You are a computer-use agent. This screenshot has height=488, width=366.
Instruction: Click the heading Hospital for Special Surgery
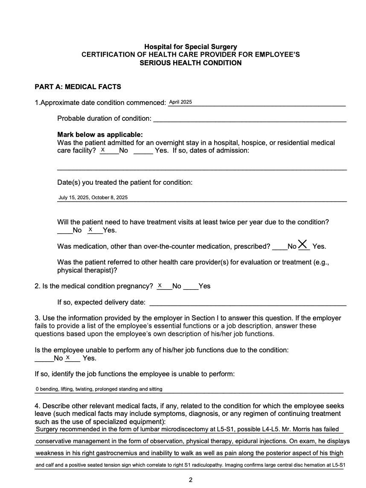click(190, 46)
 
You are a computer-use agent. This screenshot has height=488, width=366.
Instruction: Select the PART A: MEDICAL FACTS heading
click(78, 87)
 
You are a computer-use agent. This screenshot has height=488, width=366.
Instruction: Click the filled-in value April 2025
click(180, 102)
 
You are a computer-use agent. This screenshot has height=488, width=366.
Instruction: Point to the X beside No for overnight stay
click(103, 150)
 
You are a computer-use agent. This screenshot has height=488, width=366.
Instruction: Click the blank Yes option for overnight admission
click(143, 151)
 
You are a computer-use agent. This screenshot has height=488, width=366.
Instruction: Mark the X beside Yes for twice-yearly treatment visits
click(90, 230)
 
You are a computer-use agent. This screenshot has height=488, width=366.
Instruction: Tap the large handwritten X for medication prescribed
click(303, 244)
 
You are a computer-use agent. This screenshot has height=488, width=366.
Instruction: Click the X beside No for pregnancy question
click(160, 285)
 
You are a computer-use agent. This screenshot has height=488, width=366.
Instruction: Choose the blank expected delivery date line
click(247, 303)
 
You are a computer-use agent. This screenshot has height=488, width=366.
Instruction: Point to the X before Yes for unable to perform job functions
click(68, 358)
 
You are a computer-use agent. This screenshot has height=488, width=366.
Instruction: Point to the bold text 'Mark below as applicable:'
click(100, 134)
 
